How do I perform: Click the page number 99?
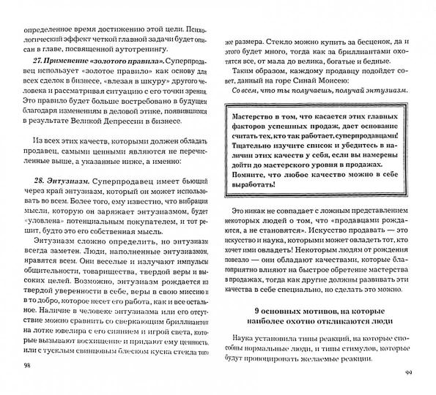[x=408, y=372]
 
